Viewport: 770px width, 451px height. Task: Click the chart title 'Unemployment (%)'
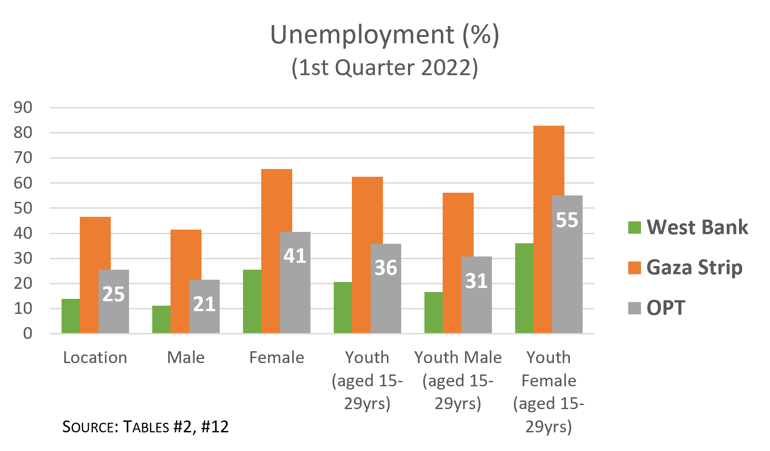point(384,35)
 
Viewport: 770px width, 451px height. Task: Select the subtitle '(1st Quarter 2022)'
point(384,68)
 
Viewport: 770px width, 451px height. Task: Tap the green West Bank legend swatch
point(634,227)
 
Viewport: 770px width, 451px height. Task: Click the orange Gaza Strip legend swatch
point(634,267)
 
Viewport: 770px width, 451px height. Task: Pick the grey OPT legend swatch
point(634,308)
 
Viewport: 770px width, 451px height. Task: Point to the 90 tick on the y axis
point(23,108)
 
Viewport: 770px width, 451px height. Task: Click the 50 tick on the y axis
point(23,208)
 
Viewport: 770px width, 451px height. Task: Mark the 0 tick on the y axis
point(27,333)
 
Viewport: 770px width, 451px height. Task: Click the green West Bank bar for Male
point(161,319)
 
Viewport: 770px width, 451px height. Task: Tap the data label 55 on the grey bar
point(567,220)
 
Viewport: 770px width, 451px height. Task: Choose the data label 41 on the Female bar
point(295,256)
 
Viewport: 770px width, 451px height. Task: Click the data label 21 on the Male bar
point(204,304)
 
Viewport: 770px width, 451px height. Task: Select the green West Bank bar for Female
point(252,301)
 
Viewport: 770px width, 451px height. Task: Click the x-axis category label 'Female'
point(277,358)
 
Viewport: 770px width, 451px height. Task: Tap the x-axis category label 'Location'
point(95,358)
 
